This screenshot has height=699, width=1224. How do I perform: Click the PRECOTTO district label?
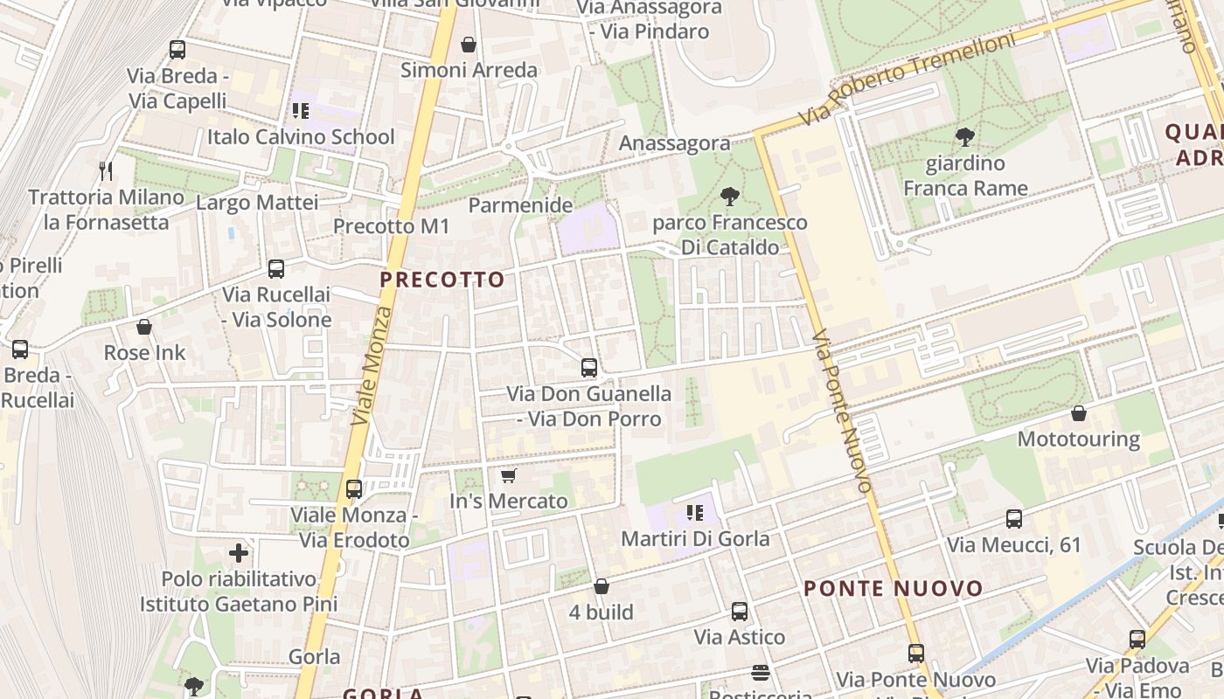tap(442, 280)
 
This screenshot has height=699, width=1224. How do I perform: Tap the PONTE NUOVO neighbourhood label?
tap(894, 589)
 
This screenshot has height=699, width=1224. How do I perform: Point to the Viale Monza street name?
tap(372, 365)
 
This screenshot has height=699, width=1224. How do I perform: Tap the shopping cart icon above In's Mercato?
tap(508, 476)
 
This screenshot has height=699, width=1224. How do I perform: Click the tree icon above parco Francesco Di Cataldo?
tap(729, 197)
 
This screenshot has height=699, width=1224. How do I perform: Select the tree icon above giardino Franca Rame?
tap(965, 137)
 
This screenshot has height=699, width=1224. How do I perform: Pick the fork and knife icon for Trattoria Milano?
tap(107, 170)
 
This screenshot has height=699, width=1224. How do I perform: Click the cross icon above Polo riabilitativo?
tap(239, 553)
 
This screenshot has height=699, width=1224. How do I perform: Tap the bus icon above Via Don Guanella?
tap(589, 368)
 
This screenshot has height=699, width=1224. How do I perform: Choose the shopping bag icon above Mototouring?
tap(1079, 413)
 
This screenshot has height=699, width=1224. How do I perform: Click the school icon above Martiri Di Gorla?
tap(695, 513)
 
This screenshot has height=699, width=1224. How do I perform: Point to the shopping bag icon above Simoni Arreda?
tap(469, 45)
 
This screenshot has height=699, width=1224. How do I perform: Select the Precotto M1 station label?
tap(391, 226)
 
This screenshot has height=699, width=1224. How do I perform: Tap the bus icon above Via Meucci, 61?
tap(1014, 520)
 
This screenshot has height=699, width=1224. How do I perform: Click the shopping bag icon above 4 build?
tap(601, 586)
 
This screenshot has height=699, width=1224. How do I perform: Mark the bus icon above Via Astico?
tap(740, 612)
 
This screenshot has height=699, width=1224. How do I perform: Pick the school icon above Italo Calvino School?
tap(301, 111)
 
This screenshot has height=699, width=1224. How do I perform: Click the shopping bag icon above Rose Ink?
tap(144, 328)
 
